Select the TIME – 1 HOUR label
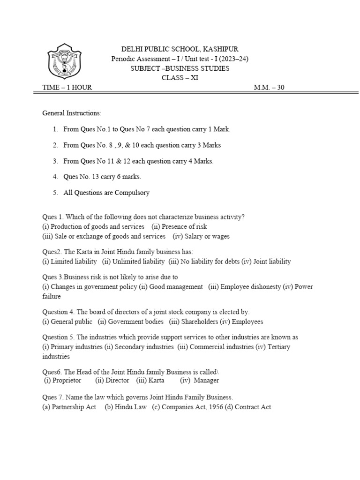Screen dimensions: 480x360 67,87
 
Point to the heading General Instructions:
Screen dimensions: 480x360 72,113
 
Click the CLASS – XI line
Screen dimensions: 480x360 180,78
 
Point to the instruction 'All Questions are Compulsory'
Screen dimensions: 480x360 106,193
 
